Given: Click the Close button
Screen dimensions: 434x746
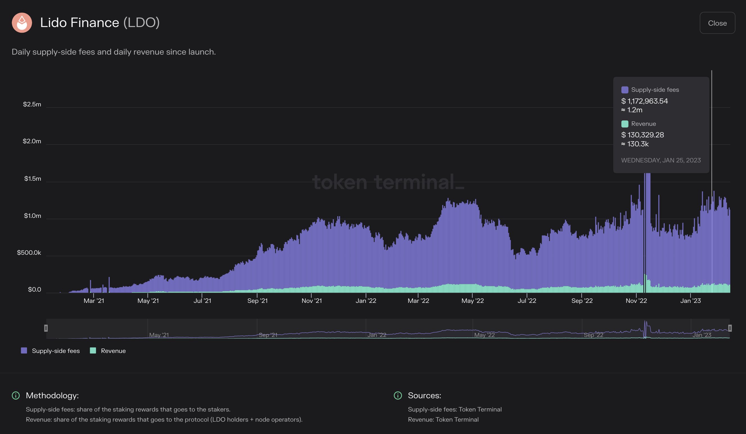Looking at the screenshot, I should [717, 23].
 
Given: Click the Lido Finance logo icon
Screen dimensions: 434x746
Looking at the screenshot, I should [22, 23].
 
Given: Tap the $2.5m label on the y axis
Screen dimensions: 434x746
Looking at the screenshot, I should [32, 104].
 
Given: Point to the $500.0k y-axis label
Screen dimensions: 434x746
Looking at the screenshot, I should [29, 253].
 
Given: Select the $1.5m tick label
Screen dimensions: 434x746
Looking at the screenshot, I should [33, 179].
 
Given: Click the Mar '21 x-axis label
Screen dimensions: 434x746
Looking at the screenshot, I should [94, 301].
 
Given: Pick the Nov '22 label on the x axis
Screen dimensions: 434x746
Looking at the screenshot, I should [636, 301].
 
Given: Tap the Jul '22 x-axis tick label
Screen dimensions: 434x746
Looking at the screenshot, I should [527, 301].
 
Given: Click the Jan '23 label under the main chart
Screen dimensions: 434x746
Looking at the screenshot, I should [690, 301].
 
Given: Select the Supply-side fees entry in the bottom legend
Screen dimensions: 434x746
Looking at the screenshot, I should [50, 351].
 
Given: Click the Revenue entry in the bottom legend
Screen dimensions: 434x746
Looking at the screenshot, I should [108, 351].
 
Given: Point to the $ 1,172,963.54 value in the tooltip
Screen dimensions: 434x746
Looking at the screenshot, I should [644, 101].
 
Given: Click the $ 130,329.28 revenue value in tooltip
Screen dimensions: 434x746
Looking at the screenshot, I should [642, 135].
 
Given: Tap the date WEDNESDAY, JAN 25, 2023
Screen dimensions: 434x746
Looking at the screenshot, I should [661, 160].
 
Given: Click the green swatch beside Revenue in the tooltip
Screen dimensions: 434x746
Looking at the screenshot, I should [625, 124].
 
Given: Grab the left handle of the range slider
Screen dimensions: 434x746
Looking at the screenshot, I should [46, 328].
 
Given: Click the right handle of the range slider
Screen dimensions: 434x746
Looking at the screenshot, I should [730, 328].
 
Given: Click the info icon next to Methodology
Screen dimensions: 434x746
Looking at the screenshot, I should [16, 395].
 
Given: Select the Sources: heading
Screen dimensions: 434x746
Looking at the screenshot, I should [424, 395].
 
